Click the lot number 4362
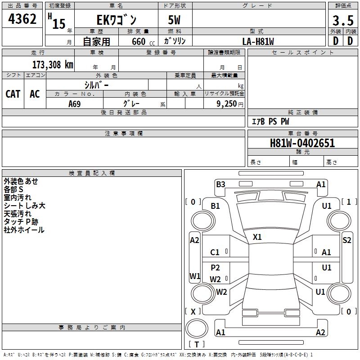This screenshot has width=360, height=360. (x=22, y=19)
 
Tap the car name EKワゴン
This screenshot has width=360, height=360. (x=117, y=21)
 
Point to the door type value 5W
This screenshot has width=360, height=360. (x=175, y=21)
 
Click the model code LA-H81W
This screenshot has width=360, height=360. (x=258, y=41)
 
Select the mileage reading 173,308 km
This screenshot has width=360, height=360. (x=52, y=65)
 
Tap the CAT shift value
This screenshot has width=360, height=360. (x=13, y=94)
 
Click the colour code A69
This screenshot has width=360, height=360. (x=75, y=104)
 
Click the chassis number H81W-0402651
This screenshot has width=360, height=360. (x=302, y=143)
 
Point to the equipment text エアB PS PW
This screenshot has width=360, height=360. (x=270, y=121)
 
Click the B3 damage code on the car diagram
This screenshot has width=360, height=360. (x=220, y=184)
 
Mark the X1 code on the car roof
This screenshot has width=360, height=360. (x=257, y=237)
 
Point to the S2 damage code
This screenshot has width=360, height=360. (x=346, y=240)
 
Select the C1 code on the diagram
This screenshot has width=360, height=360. (x=215, y=252)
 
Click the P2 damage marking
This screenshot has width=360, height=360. (x=216, y=268)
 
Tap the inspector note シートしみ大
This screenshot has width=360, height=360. (x=24, y=206)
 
